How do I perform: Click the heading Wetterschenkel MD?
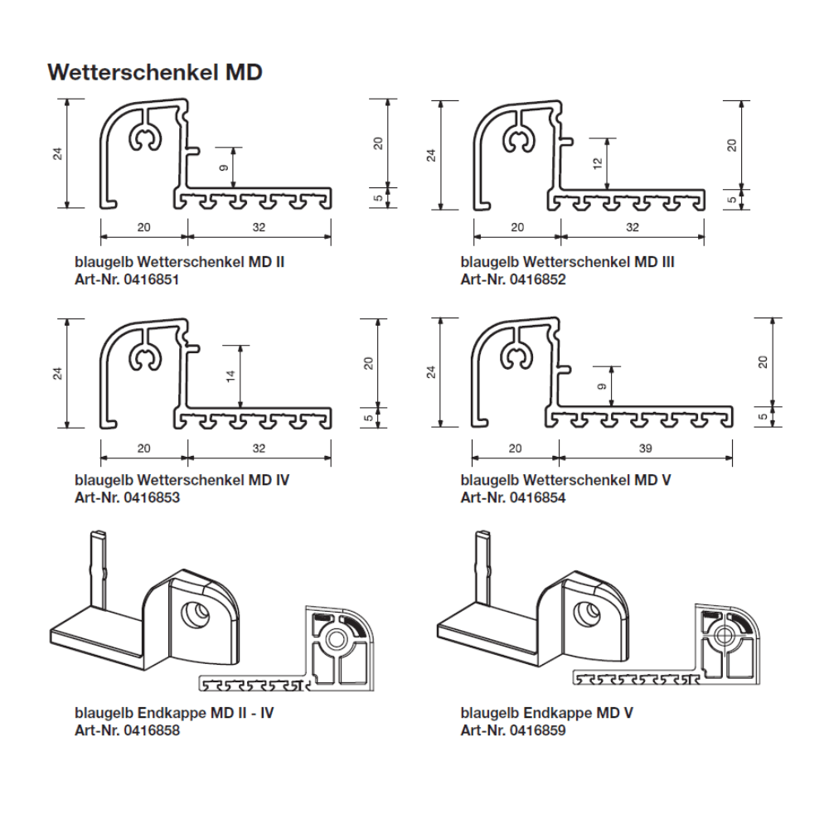point(155,72)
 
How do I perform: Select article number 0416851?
point(151,279)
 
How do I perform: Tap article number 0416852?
point(538,279)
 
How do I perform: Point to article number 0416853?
point(152,497)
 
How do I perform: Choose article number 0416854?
point(538,497)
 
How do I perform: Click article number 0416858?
point(152,730)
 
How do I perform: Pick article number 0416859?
point(538,730)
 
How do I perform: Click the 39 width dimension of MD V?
point(646,448)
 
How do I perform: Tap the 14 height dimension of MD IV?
point(230,376)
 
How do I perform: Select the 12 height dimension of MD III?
point(598,163)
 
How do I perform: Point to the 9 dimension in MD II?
point(224,167)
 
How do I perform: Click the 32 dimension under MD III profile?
point(633,227)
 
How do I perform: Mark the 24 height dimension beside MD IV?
point(58,373)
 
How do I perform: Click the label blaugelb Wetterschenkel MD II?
point(180,262)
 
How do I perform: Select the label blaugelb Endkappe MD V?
point(546,713)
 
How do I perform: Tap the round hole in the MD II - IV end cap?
point(195,613)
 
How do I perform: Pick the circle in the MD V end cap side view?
point(723,636)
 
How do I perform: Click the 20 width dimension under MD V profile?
point(515,448)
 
